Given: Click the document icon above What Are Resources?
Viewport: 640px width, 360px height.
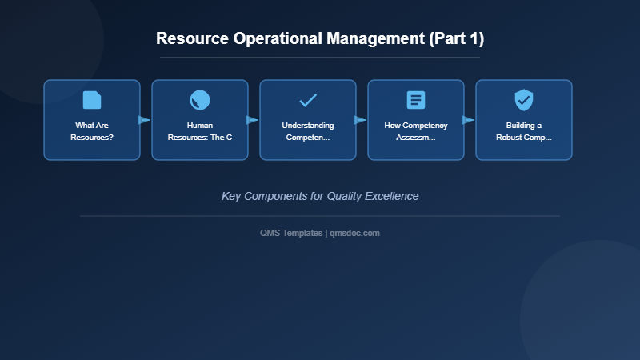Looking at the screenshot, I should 92,100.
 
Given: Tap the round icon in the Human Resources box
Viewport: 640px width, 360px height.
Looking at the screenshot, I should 200,100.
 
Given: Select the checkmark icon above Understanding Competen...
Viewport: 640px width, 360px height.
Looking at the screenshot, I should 308,100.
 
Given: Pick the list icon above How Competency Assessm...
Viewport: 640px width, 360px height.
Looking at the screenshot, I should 416,100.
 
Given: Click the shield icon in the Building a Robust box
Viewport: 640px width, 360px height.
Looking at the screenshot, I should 524,100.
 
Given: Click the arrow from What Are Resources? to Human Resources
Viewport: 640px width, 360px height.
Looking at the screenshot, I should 144,120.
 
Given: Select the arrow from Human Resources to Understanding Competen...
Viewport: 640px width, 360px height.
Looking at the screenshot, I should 252,120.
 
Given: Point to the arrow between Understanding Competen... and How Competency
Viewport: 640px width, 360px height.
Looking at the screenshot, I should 360,120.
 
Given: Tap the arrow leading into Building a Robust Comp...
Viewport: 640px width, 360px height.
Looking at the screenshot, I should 468,120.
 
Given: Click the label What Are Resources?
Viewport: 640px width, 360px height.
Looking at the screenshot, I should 92,131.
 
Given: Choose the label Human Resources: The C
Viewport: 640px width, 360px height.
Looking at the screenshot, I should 200,131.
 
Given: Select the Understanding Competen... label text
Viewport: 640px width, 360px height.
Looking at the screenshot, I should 308,131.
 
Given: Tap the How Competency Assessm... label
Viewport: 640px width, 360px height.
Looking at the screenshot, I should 416,131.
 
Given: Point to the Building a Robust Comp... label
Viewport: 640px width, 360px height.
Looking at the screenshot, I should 524,131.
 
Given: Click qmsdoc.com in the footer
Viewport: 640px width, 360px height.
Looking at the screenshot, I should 355,233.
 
